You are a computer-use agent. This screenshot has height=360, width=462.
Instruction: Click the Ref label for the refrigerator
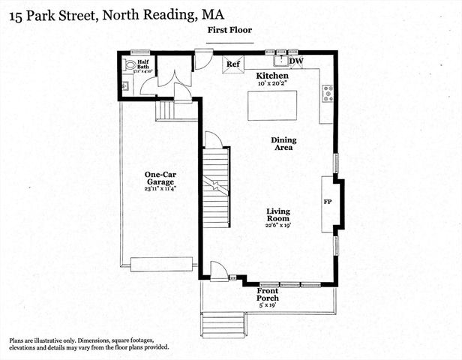[233, 64]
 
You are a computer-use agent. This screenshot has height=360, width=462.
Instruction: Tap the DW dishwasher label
[296, 61]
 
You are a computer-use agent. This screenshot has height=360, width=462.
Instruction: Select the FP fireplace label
[328, 202]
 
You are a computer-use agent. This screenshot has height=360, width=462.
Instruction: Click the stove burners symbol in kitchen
[328, 94]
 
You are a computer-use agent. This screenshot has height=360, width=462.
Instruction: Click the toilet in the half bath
[130, 67]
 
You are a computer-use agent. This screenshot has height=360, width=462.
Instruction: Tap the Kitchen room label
[272, 76]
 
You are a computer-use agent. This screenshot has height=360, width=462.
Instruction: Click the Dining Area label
[284, 144]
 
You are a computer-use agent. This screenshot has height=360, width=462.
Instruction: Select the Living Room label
[278, 217]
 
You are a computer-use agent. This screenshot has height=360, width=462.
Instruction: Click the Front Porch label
[268, 294]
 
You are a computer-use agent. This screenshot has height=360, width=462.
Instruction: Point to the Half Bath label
[143, 65]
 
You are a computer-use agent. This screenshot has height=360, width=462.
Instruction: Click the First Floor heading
[230, 30]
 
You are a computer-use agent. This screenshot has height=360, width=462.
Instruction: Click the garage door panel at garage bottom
[161, 264]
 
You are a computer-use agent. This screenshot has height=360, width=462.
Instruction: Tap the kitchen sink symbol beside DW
[281, 61]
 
